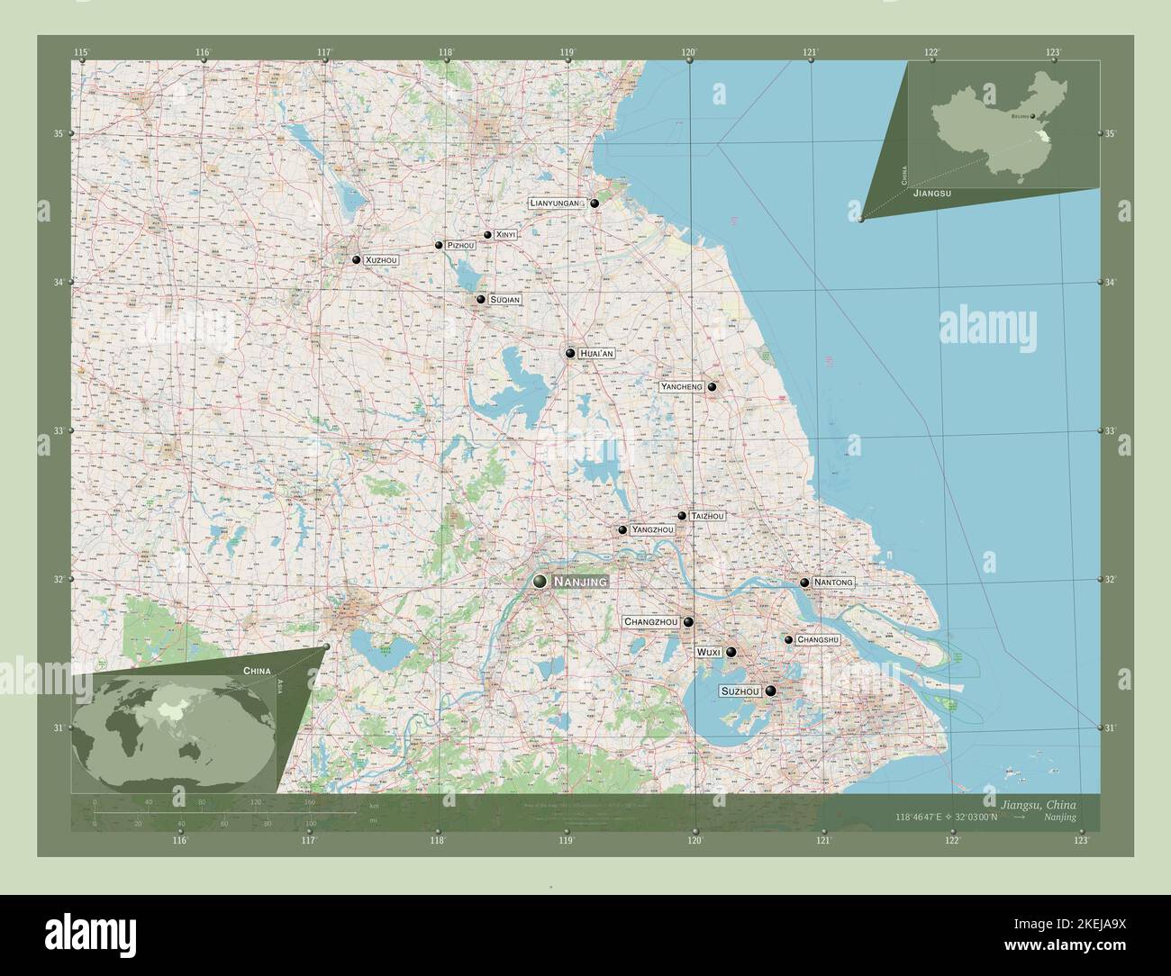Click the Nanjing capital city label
pyautogui.click(x=580, y=583)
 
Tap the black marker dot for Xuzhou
pyautogui.click(x=357, y=260)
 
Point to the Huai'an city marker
pyautogui.click(x=570, y=353)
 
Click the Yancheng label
pyautogui.click(x=681, y=387)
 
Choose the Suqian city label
pyautogui.click(x=505, y=300)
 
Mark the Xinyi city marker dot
pyautogui.click(x=487, y=235)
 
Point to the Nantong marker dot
pyautogui.click(x=804, y=583)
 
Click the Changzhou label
pyautogui.click(x=650, y=622)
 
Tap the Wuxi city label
pyautogui.click(x=707, y=652)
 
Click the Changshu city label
pyautogui.click(x=818, y=640)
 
